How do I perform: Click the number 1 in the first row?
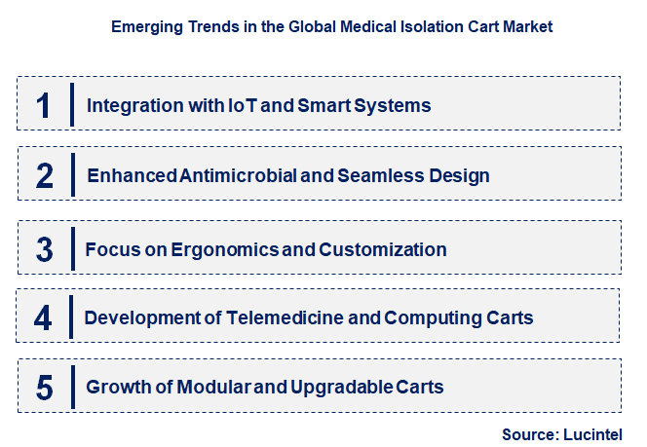[x=44, y=105]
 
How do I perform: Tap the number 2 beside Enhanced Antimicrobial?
[x=45, y=176]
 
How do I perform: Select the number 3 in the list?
[x=45, y=249]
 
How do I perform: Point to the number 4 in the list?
[x=45, y=317]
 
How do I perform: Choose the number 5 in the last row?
[x=45, y=388]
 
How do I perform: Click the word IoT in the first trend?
[x=239, y=105]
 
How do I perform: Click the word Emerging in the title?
[x=146, y=27]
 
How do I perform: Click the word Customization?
[x=384, y=249]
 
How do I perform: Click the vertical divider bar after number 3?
[x=72, y=249]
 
